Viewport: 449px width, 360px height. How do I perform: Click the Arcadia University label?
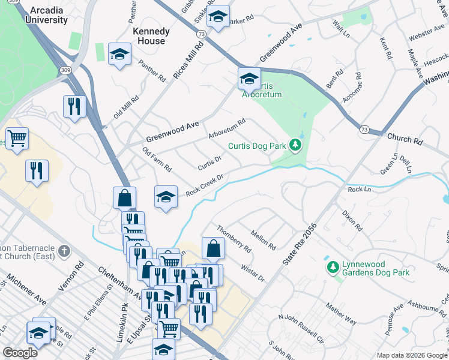coord(46,15)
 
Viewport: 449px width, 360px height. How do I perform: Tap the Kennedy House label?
coord(151,36)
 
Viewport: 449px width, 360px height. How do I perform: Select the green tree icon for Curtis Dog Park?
coord(295,145)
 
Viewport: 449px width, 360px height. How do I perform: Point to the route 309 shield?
coord(64,71)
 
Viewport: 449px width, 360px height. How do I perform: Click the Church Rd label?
coord(405,139)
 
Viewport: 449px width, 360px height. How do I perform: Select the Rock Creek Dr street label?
coord(204,185)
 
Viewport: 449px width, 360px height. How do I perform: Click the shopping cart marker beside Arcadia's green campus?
coord(17,138)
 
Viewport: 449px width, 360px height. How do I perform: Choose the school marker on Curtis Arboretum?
coord(249,77)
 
